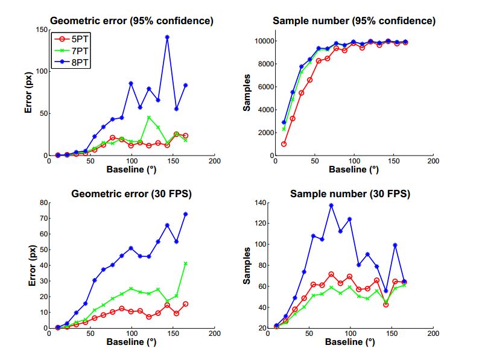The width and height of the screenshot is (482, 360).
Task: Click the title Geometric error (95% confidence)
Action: tap(131, 21)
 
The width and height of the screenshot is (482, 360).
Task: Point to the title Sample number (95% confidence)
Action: tap(354, 21)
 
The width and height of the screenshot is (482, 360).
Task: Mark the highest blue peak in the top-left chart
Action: tap(167, 37)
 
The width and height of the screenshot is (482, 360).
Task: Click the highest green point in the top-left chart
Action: tap(149, 118)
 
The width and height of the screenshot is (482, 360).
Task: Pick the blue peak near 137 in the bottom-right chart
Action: tap(331, 205)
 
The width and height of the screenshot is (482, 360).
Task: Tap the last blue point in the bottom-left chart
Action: tap(185, 214)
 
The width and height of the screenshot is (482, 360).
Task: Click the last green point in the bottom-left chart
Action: tap(185, 264)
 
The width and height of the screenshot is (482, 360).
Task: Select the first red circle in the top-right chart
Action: tap(284, 144)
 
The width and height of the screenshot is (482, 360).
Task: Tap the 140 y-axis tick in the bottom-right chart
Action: tap(262, 203)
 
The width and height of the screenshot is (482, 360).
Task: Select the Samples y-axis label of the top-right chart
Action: tap(247, 92)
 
